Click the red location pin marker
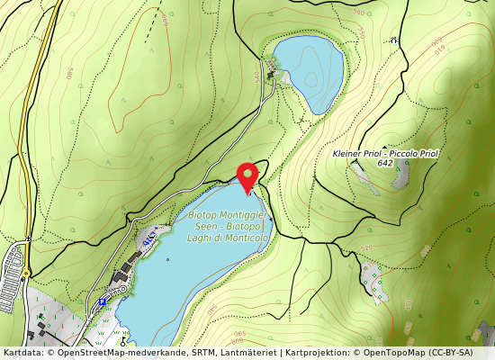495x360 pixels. point(247,176)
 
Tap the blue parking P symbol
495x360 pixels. point(104,301)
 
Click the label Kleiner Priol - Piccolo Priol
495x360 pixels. point(385,154)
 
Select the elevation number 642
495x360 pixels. point(385,163)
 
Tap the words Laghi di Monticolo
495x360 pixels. point(228,238)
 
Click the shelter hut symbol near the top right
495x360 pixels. point(393,40)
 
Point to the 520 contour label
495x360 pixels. point(365,247)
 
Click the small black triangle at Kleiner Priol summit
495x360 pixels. point(385,147)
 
